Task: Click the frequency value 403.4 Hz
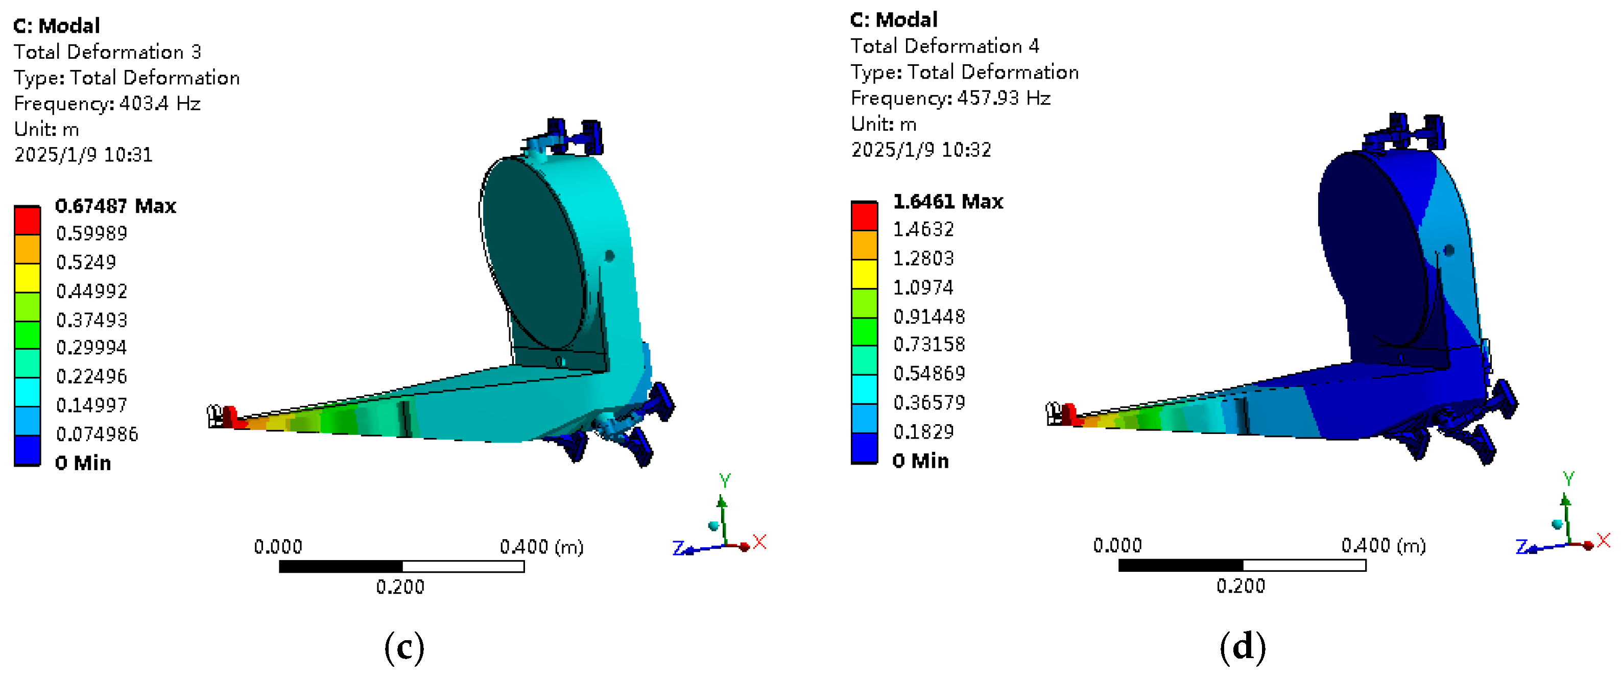(160, 103)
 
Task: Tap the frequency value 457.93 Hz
(1004, 98)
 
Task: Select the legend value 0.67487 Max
(115, 206)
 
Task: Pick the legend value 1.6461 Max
(948, 201)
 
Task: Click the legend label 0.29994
(91, 347)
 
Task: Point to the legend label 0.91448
(929, 316)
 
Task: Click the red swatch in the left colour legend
(27, 220)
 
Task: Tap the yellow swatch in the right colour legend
(864, 274)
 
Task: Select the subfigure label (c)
(404, 647)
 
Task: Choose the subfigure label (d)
(1242, 647)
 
